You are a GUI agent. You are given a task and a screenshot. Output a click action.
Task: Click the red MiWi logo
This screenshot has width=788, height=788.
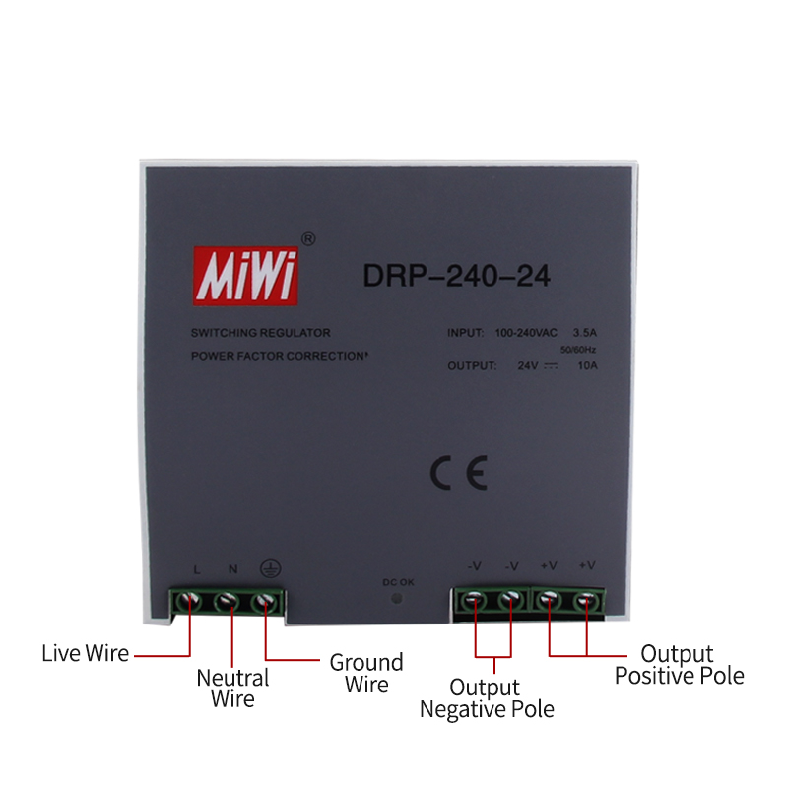pos(245,276)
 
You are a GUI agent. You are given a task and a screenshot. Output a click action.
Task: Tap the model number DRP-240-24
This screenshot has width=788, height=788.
pos(456,276)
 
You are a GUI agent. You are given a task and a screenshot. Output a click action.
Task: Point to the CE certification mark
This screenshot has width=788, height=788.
pos(459,473)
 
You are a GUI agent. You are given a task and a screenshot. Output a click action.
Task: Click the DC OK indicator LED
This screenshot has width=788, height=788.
pos(397,598)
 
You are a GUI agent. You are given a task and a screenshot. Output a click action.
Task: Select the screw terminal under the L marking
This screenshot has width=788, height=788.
pos(189,600)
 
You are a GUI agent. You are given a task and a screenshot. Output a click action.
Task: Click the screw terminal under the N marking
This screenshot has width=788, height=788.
pos(228,601)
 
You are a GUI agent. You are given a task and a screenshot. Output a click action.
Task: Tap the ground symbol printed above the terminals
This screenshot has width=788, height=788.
pos(270,569)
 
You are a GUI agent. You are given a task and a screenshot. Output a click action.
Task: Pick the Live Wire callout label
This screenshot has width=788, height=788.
pos(86,653)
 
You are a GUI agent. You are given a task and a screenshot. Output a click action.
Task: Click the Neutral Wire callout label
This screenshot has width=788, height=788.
pos(232,688)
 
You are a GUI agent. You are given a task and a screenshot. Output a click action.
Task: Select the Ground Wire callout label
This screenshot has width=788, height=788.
pos(366,674)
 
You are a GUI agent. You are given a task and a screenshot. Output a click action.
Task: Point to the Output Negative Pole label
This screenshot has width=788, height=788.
pos(487,698)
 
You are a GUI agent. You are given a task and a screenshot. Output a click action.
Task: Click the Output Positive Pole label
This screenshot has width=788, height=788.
pos(679,664)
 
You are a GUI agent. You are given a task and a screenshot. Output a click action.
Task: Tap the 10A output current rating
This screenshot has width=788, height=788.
pos(587,365)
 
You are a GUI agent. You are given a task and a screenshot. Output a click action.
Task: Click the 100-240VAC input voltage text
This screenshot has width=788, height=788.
pos(526,333)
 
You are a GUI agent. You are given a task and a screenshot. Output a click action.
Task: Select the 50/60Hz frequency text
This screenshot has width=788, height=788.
pos(578,350)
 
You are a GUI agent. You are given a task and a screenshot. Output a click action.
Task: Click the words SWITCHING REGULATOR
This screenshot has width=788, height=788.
pos(261,333)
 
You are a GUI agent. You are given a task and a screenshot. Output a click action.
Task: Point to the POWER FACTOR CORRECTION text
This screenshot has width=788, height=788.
pos(279,356)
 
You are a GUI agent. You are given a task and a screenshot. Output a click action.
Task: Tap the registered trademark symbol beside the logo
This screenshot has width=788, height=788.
pos(308,239)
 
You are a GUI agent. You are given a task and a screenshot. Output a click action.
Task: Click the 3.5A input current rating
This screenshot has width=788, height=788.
pos(584,333)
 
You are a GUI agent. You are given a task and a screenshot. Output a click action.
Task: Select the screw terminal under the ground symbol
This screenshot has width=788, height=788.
pos(265,601)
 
